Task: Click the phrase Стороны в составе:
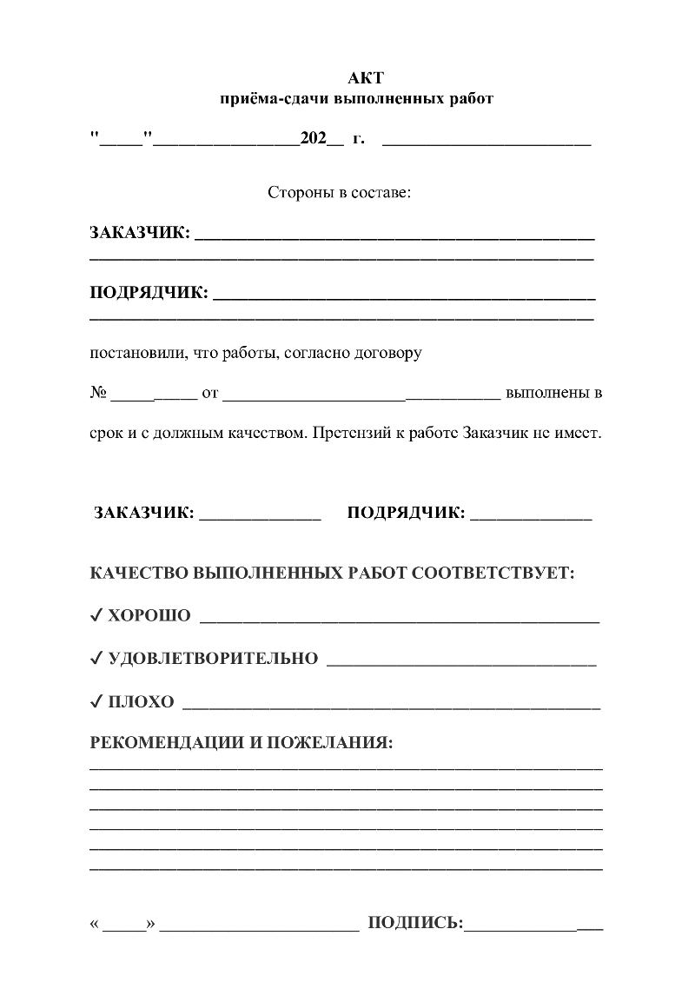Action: tap(339, 191)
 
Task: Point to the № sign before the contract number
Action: tap(97, 393)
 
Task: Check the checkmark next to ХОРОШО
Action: tap(96, 616)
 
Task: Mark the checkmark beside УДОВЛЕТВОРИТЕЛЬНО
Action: tap(96, 659)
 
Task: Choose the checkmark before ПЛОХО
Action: tap(96, 701)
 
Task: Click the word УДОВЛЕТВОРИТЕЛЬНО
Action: tap(213, 659)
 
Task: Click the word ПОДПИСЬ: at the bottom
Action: tap(415, 923)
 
